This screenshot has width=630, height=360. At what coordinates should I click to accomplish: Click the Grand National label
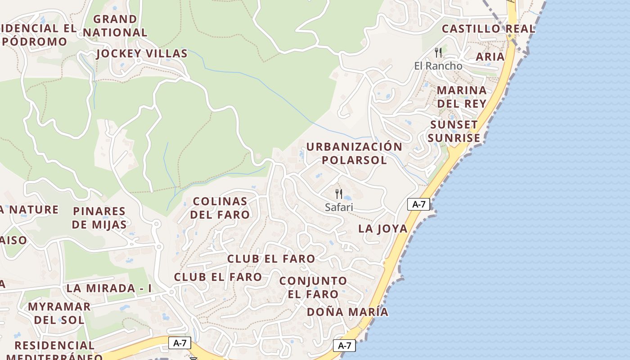[115, 26]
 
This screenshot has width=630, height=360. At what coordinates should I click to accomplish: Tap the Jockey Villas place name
[142, 54]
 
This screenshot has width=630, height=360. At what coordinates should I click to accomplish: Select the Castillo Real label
[488, 29]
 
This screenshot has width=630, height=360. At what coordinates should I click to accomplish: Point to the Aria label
[490, 57]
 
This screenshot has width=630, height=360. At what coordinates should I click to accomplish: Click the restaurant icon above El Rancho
[438, 53]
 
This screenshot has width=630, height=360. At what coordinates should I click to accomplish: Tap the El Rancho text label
[438, 66]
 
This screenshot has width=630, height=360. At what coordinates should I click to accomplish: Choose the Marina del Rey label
[462, 97]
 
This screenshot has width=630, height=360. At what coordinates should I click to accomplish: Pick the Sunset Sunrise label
[454, 131]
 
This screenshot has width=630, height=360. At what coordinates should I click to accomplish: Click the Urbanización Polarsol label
[354, 153]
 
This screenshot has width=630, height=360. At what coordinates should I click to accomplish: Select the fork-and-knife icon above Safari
[339, 194]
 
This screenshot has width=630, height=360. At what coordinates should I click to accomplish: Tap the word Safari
[339, 207]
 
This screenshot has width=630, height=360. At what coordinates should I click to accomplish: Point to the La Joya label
[382, 229]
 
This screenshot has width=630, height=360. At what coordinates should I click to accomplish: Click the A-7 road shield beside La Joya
[418, 204]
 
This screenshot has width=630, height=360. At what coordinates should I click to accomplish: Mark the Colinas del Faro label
[220, 208]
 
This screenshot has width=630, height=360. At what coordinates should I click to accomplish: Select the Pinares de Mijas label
[99, 218]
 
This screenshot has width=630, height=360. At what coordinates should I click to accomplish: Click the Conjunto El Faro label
[313, 288]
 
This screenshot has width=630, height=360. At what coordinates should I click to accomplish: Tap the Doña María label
[347, 312]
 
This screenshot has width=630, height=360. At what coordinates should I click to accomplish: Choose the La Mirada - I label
[109, 288]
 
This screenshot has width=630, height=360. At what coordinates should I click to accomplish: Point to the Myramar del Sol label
[59, 313]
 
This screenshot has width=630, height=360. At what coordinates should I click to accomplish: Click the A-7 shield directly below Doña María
[344, 346]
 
